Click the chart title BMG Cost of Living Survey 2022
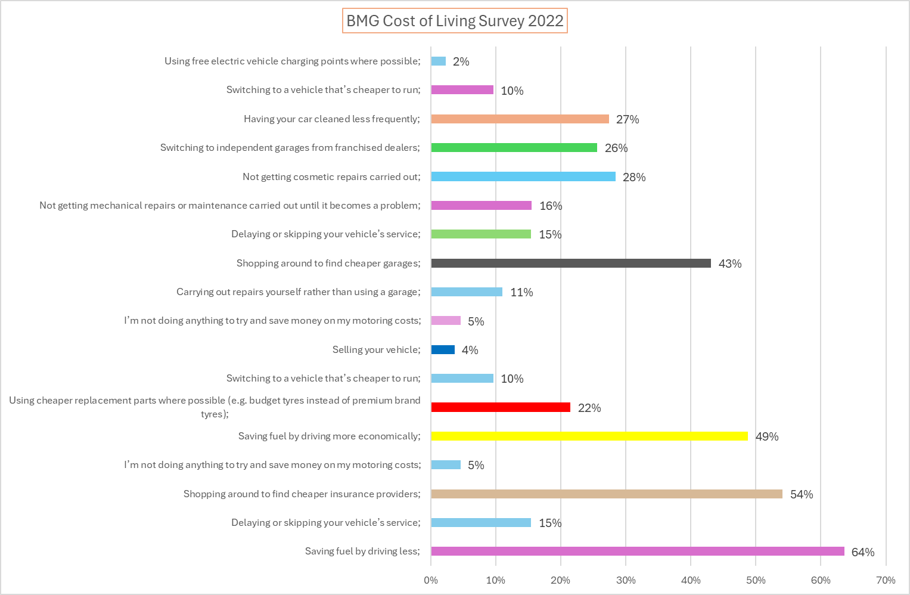point(455,21)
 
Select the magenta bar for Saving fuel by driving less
point(637,551)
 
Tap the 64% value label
point(862,552)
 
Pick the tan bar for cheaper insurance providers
point(606,494)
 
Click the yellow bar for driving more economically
point(589,436)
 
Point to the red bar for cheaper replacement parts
point(500,408)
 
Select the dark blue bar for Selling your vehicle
point(443,350)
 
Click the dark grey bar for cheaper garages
point(570,264)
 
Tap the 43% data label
point(729,264)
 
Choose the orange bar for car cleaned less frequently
point(520,119)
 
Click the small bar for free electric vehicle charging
point(438,61)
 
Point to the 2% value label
point(461,61)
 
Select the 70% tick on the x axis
point(885,580)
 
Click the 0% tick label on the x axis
point(431,580)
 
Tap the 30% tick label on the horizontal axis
point(626,580)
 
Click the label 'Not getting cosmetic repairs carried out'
point(331,177)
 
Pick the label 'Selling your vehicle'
point(376,350)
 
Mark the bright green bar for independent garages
point(514,148)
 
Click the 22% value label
point(589,408)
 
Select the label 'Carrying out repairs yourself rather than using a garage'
point(298,292)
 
